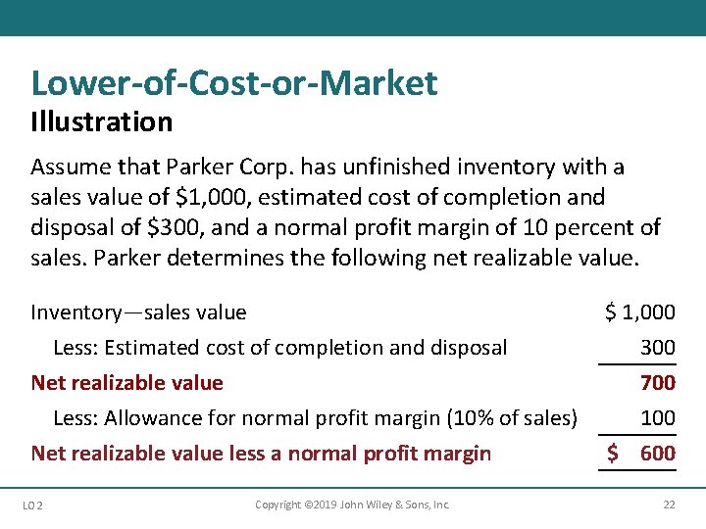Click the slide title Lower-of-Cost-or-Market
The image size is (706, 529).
(234, 83)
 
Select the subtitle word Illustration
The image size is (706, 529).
(101, 122)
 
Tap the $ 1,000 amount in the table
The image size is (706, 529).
(639, 313)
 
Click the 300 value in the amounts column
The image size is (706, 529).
(657, 348)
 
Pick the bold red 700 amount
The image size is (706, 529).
(657, 383)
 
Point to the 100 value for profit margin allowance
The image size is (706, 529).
(657, 418)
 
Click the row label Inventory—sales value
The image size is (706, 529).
(138, 313)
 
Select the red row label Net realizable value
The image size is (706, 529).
(127, 383)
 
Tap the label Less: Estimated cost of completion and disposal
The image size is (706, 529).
(279, 348)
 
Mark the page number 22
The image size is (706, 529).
(668, 505)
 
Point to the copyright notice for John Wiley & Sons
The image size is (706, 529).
(352, 505)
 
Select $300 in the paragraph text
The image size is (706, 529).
(164, 228)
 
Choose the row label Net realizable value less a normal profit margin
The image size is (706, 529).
(261, 454)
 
